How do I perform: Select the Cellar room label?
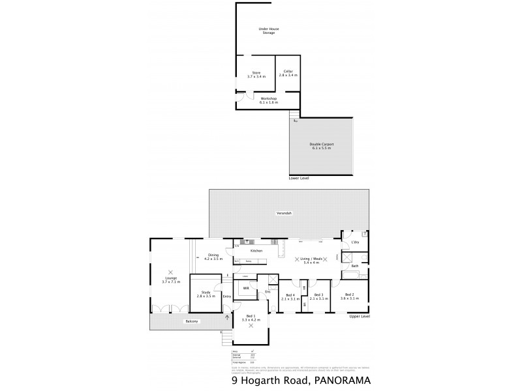point(288,73)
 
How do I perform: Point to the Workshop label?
point(269,100)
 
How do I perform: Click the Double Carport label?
point(321,147)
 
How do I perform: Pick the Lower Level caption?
point(299,177)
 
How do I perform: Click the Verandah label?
point(283,213)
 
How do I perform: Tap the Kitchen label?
point(256,250)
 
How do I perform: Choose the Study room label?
point(206,295)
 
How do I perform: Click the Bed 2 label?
point(349,295)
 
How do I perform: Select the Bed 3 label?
point(318,295)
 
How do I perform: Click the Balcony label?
point(191,322)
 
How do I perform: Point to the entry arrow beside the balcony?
point(227,318)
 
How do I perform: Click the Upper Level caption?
point(360,316)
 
